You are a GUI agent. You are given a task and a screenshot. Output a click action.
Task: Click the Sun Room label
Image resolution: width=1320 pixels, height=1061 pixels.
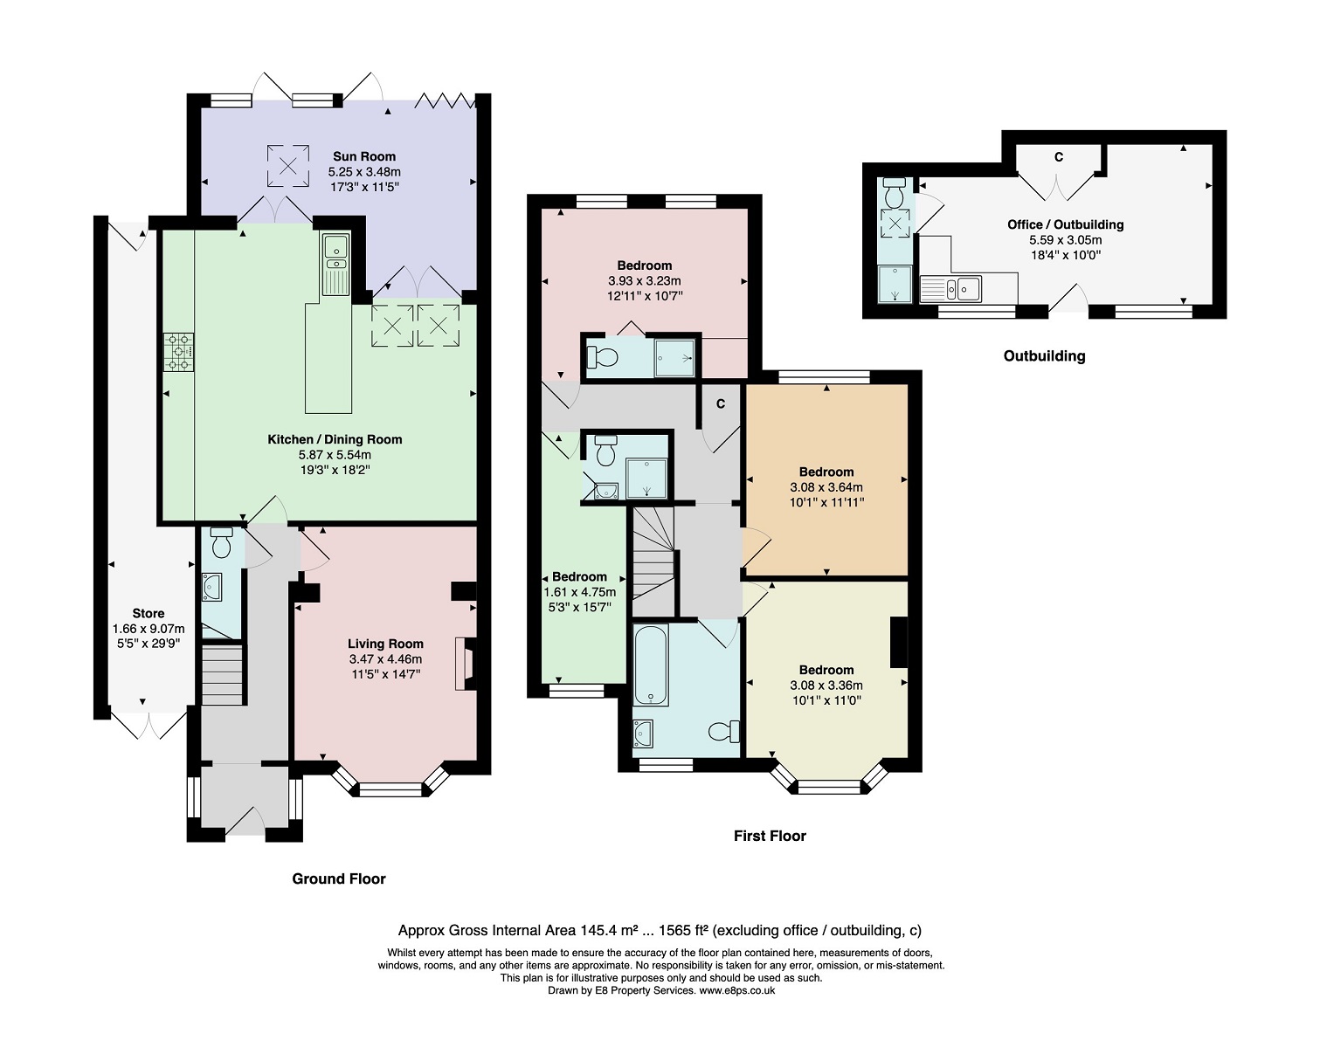tap(363, 156)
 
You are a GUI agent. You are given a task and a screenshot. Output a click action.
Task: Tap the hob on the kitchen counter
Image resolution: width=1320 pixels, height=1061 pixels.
tap(178, 352)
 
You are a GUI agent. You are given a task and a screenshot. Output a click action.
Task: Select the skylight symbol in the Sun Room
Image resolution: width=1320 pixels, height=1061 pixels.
tap(287, 165)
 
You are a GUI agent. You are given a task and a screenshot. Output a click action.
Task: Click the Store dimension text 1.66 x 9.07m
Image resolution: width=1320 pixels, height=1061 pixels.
tap(149, 629)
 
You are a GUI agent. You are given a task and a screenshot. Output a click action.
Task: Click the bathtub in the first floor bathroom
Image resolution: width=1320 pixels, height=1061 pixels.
tap(651, 665)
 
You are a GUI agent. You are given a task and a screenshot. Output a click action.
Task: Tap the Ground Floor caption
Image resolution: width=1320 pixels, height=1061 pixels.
tap(339, 878)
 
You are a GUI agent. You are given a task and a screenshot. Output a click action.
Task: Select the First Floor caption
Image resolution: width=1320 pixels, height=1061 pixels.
tap(770, 836)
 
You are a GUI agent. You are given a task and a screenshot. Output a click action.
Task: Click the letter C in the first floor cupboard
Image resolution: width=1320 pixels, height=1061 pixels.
tap(721, 403)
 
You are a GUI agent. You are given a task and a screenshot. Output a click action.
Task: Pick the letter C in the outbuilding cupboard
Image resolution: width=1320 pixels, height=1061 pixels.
tap(1059, 157)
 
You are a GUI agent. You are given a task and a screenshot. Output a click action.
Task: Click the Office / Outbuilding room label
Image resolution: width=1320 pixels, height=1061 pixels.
tap(1066, 224)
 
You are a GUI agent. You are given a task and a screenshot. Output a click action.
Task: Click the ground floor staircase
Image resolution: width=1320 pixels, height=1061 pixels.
tap(222, 674)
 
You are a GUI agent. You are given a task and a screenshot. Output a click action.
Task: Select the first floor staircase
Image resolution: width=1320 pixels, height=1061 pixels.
tap(653, 562)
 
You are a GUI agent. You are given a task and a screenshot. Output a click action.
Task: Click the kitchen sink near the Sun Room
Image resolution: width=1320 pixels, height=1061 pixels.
tap(335, 265)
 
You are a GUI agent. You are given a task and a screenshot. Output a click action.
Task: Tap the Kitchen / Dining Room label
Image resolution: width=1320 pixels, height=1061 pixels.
tap(335, 439)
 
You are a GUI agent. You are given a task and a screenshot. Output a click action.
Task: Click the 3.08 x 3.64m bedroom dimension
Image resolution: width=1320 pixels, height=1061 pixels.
tap(826, 487)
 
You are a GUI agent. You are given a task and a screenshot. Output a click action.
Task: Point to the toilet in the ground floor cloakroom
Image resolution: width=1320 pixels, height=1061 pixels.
tap(221, 542)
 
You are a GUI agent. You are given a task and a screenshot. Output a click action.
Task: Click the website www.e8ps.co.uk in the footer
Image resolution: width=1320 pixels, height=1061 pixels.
tap(737, 990)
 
